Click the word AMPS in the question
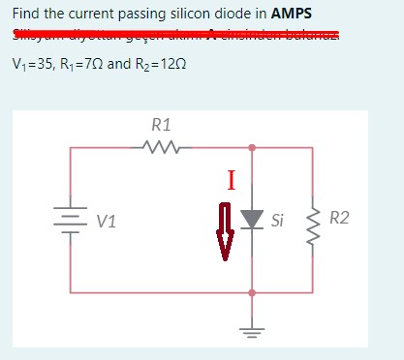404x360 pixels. [x=298, y=15]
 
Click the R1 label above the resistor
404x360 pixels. [x=162, y=125]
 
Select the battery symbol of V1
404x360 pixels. [x=71, y=219]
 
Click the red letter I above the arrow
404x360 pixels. [x=230, y=179]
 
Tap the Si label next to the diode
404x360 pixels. [x=278, y=221]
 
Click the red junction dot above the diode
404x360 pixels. [x=252, y=148]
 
